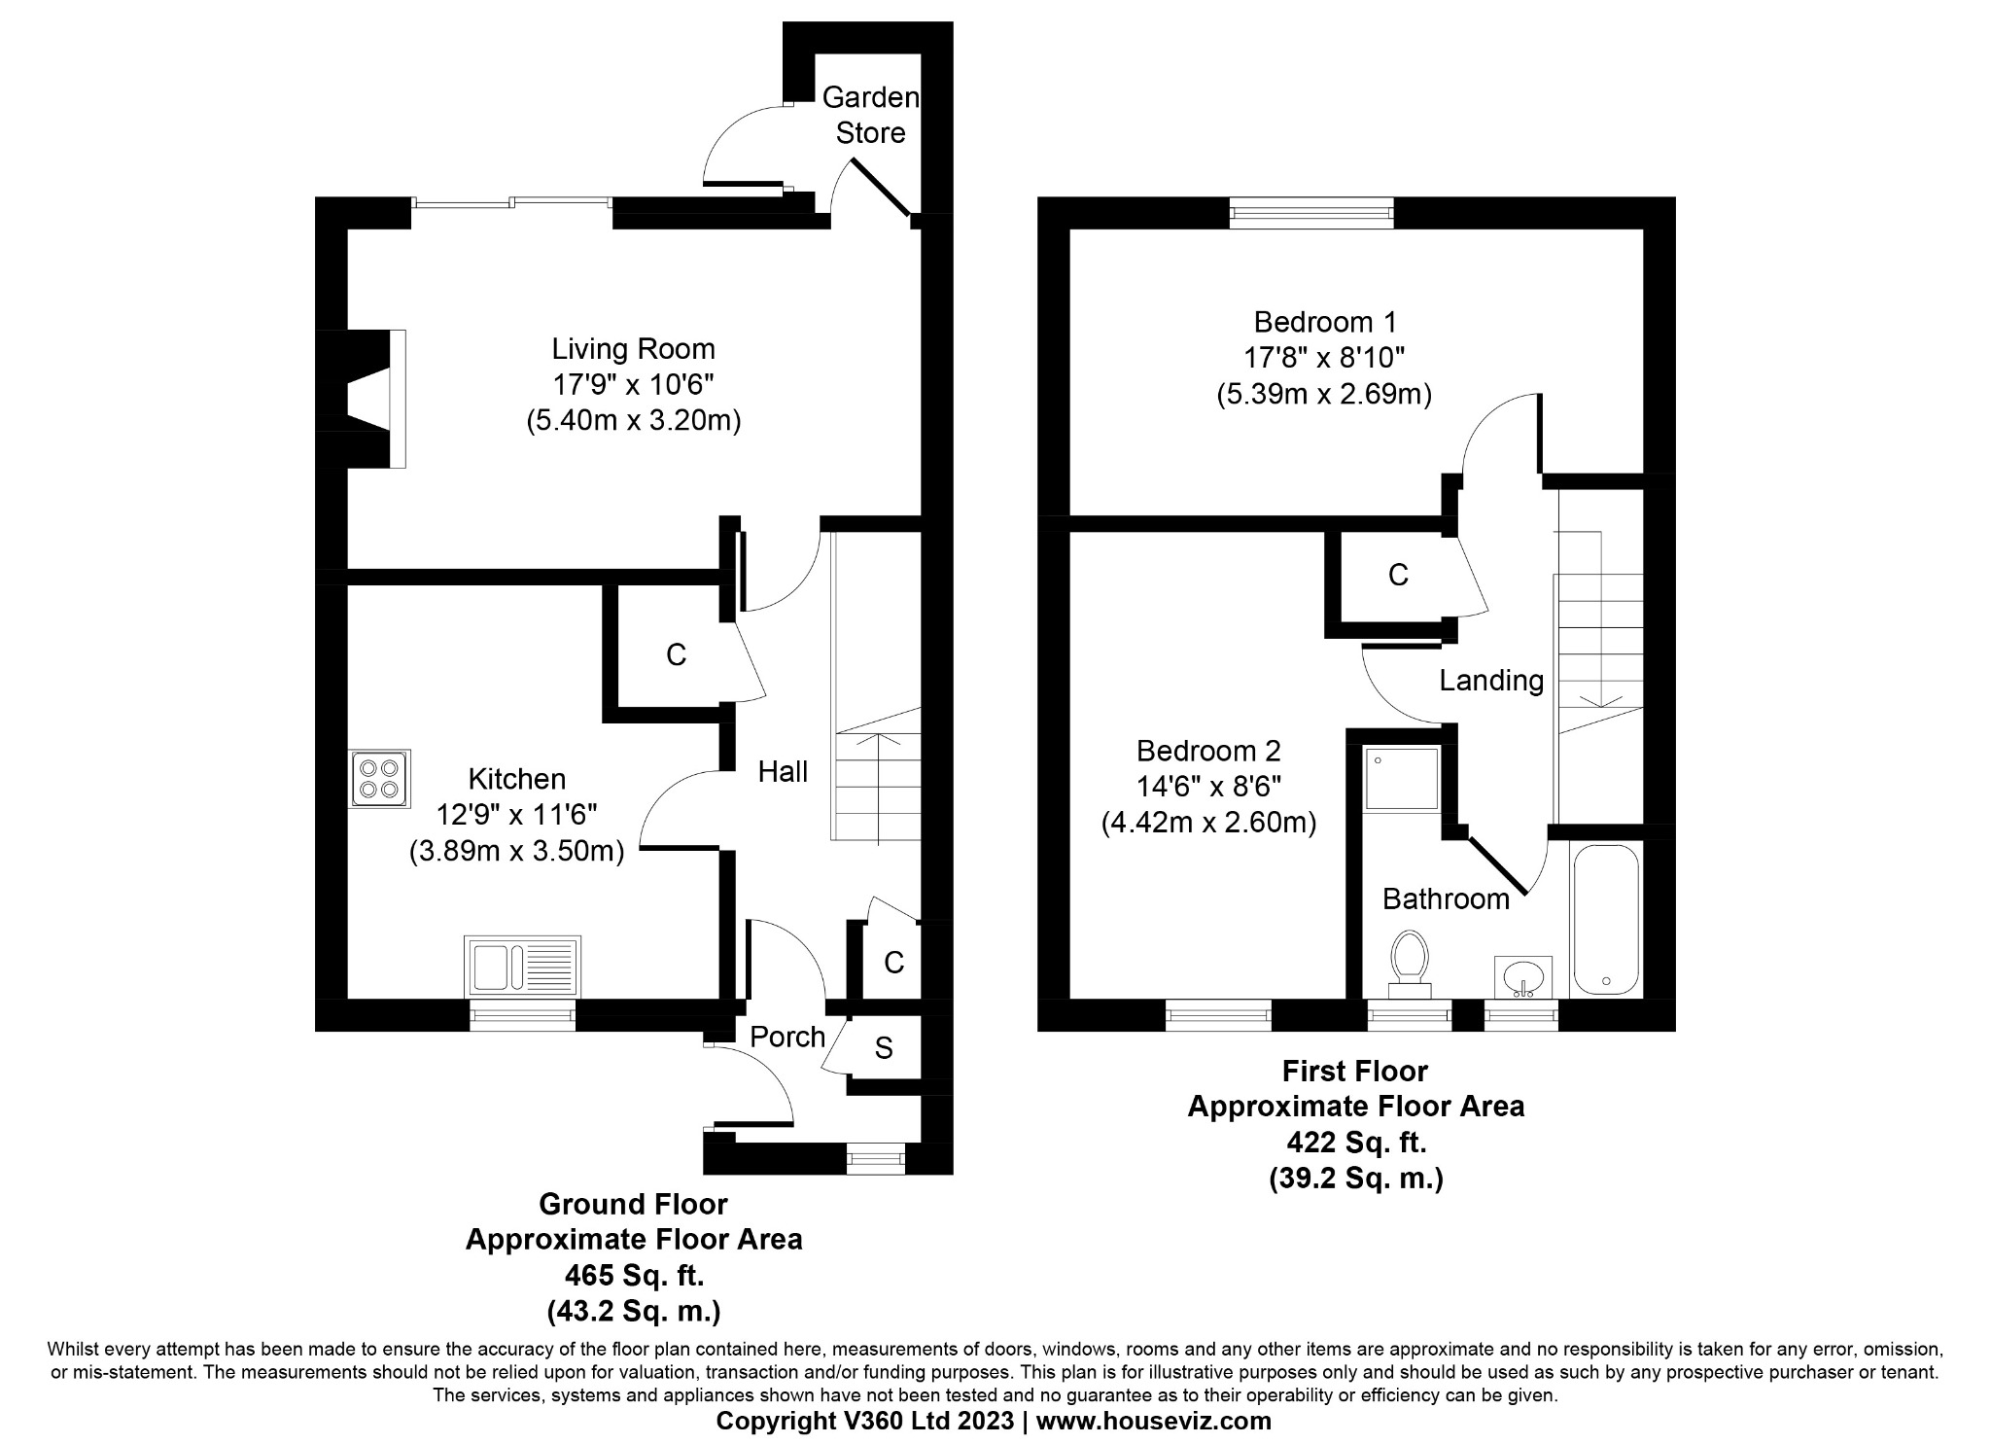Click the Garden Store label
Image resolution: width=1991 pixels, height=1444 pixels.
click(x=870, y=115)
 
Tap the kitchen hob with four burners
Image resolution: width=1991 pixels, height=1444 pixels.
click(x=380, y=778)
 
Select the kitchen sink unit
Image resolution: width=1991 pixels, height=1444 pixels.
click(x=522, y=964)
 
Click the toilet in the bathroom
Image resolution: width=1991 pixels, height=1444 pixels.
click(x=1410, y=963)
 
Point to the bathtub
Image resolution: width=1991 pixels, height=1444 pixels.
click(x=1605, y=919)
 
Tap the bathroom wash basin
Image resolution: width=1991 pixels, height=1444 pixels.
click(x=1522, y=976)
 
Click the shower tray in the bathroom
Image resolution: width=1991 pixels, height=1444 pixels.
click(x=1401, y=778)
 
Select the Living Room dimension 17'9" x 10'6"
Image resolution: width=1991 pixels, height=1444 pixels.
click(x=633, y=385)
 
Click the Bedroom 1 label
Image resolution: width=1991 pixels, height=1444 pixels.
click(x=1325, y=321)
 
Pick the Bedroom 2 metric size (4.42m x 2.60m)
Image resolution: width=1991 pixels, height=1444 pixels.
click(x=1208, y=823)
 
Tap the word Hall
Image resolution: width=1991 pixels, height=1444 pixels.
click(x=783, y=772)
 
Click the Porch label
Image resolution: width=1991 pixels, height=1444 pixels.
click(x=787, y=1038)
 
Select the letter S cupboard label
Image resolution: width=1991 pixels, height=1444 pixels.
click(x=884, y=1047)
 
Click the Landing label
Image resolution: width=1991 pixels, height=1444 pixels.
click(x=1491, y=680)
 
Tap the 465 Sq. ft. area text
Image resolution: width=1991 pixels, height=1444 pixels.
click(x=634, y=1274)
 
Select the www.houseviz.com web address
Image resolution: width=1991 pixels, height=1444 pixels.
click(x=1153, y=1421)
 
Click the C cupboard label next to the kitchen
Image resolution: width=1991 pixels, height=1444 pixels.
click(x=676, y=654)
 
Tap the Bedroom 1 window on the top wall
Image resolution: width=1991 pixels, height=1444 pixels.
click(x=1310, y=212)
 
